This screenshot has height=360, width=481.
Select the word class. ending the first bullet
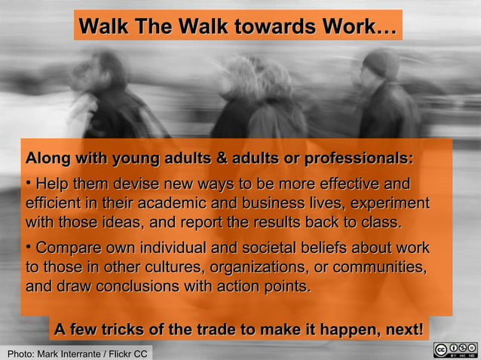pos(384,223)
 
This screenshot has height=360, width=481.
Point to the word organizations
pos(264,268)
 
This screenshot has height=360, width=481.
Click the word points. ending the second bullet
pos(283,288)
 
